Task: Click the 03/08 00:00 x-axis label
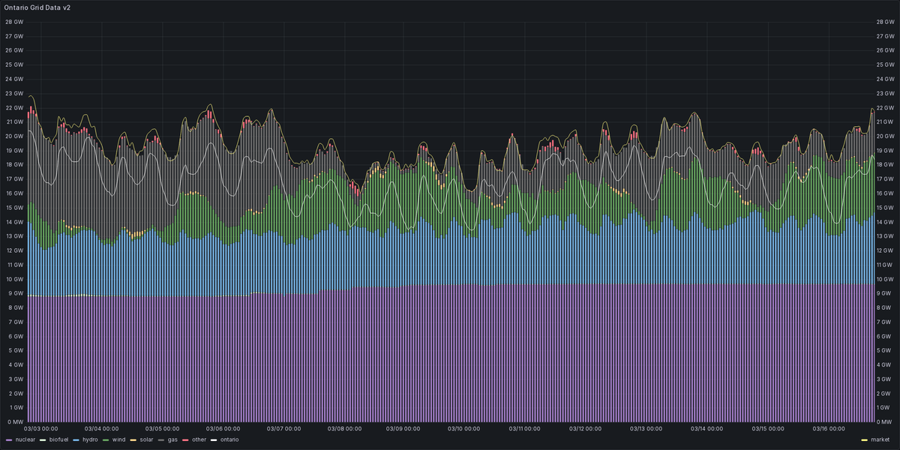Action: pyautogui.click(x=344, y=429)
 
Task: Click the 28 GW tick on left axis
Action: pyautogui.click(x=13, y=22)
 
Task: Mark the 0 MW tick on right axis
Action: pyautogui.click(x=885, y=422)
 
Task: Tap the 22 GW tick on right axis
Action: pyautogui.click(x=885, y=108)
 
